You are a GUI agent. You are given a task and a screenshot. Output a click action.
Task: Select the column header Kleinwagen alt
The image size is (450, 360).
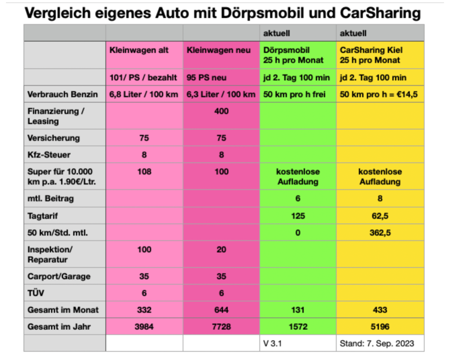coord(139,50)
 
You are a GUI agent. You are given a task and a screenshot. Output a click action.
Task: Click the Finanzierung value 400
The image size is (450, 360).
coord(221,112)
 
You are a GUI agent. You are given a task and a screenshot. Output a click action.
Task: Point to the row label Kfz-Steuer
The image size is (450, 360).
coord(49,155)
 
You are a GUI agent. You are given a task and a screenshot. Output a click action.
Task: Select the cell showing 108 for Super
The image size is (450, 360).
coord(144,172)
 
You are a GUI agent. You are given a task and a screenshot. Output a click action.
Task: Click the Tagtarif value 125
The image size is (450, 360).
coord(298,216)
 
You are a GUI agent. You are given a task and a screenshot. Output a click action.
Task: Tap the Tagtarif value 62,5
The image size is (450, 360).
coord(380,216)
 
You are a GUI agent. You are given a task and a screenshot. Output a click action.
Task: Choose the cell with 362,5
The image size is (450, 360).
coord(380,233)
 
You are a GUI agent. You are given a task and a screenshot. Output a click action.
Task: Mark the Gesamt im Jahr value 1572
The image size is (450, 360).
coord(298,327)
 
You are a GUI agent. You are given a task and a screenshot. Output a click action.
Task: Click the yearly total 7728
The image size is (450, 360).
coord(221,327)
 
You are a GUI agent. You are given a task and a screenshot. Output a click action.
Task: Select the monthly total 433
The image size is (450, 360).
coord(380,310)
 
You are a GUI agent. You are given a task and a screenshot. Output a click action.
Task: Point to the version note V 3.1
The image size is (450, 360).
coord(272,343)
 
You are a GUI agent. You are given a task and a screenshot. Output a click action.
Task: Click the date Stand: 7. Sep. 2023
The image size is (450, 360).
coord(377,343)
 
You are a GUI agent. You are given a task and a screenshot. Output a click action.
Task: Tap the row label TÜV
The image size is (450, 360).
coord(36,293)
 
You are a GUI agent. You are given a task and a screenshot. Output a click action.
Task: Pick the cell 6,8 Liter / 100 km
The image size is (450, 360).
coord(144,94)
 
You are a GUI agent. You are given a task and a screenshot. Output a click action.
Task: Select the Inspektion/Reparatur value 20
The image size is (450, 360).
coord(221,250)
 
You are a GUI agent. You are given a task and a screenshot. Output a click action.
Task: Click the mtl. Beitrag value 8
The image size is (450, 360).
coord(380,198)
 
